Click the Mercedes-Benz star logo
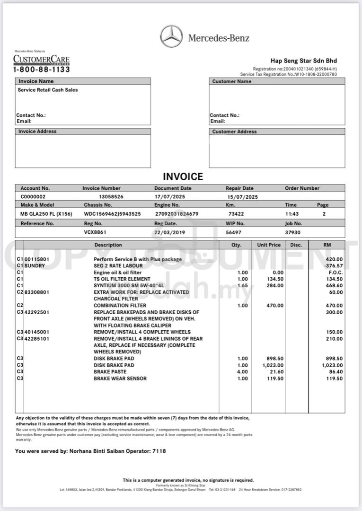tap(171, 37)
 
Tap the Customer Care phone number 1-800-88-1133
tap(42, 70)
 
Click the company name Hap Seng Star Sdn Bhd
tap(303, 61)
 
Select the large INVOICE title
tap(183, 177)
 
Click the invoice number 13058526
tap(111, 196)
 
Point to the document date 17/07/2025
tap(168, 196)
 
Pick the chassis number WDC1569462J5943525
tap(112, 214)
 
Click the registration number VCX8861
tap(95, 232)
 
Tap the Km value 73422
tap(236, 214)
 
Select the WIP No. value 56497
tap(234, 232)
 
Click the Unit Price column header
tap(269, 245)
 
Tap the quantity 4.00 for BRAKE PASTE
tap(242, 372)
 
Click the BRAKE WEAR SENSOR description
tap(120, 379)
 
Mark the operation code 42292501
tap(37, 312)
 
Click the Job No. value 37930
tap(292, 232)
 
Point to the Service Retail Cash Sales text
tap(48, 89)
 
